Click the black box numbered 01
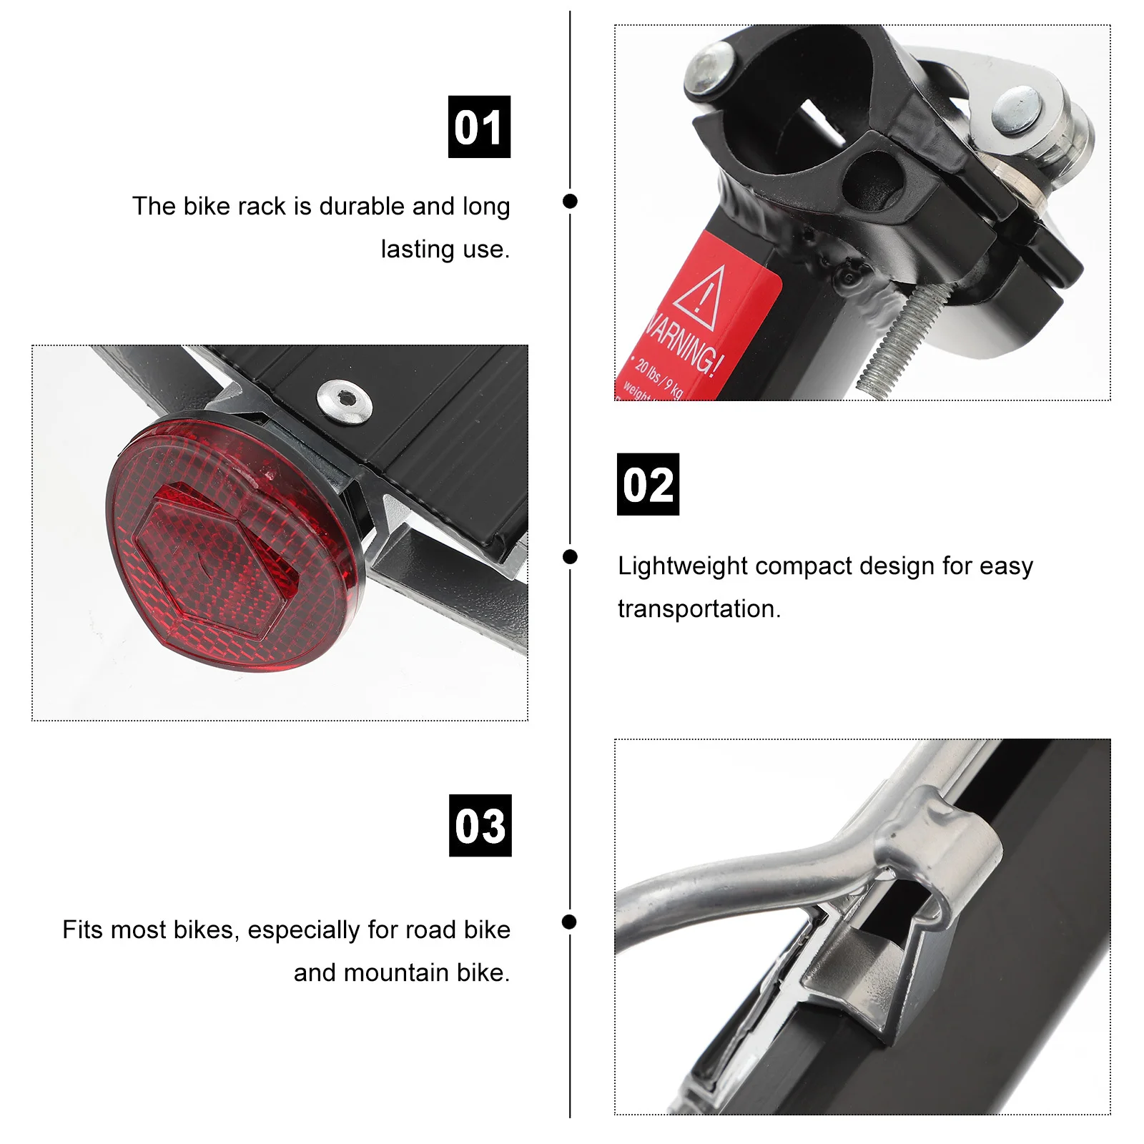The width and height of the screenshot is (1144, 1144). tap(479, 127)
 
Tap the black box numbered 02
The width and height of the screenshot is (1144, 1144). tap(648, 484)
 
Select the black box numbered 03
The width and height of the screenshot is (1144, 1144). tap(480, 825)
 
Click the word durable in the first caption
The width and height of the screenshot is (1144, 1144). tap(362, 206)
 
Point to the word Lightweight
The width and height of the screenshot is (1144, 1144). tap(683, 566)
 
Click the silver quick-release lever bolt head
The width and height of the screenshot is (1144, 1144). tap(1015, 111)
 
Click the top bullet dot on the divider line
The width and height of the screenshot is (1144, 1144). tap(570, 201)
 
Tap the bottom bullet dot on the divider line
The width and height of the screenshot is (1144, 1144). tap(569, 922)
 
